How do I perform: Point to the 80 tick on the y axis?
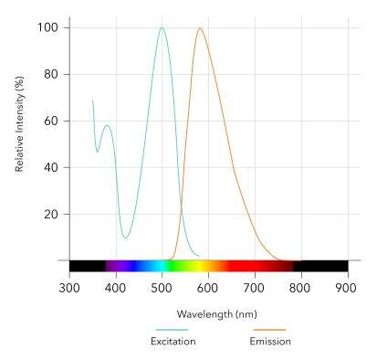(x=51, y=74)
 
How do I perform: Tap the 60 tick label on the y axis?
(x=51, y=121)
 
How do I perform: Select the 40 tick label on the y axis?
(x=51, y=167)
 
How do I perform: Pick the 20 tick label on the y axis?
(x=51, y=214)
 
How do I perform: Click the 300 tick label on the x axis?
(x=69, y=286)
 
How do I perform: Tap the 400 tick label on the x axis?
(x=116, y=286)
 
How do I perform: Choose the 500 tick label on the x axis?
(x=162, y=286)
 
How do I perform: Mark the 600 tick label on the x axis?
(x=208, y=286)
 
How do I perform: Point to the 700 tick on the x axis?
(x=255, y=286)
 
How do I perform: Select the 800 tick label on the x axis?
(x=301, y=286)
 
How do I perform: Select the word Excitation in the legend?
(x=173, y=342)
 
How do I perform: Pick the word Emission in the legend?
(x=270, y=342)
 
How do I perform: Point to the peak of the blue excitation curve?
(x=162, y=27)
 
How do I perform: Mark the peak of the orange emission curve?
(x=200, y=28)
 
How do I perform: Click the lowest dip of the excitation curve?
(x=125, y=238)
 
